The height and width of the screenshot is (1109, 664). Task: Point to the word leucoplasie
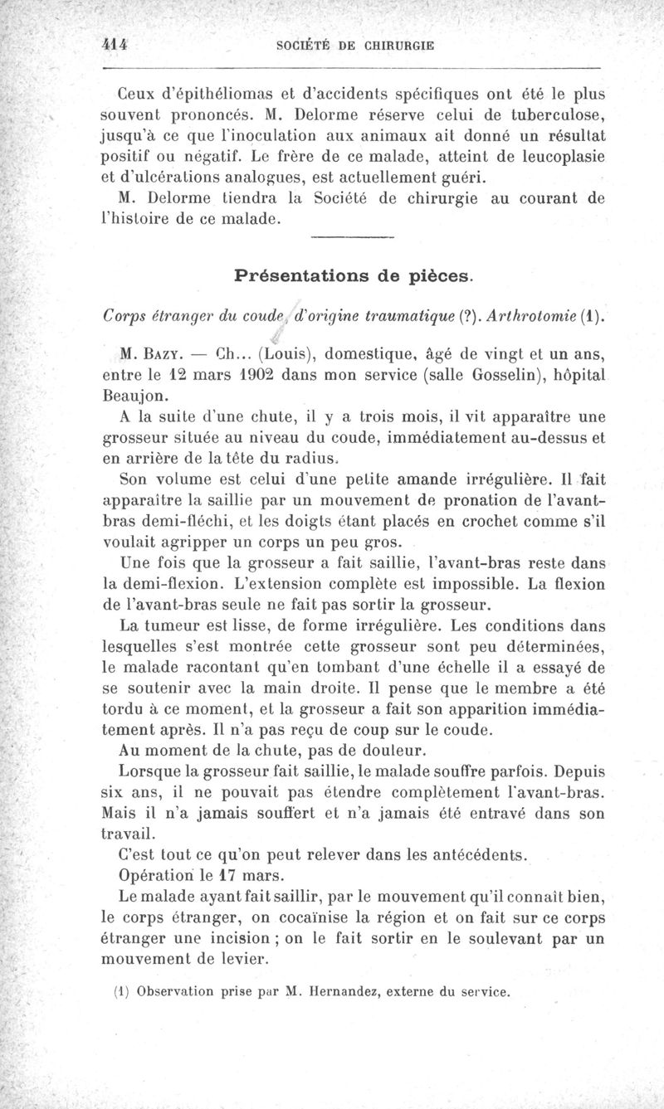[x=560, y=156]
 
